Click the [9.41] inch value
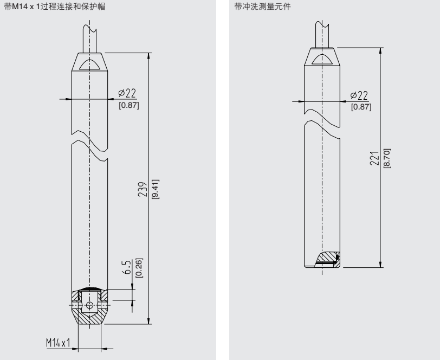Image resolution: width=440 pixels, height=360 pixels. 154,189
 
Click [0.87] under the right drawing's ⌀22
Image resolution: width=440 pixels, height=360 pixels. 361,107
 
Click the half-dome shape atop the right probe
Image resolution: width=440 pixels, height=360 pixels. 322,59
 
